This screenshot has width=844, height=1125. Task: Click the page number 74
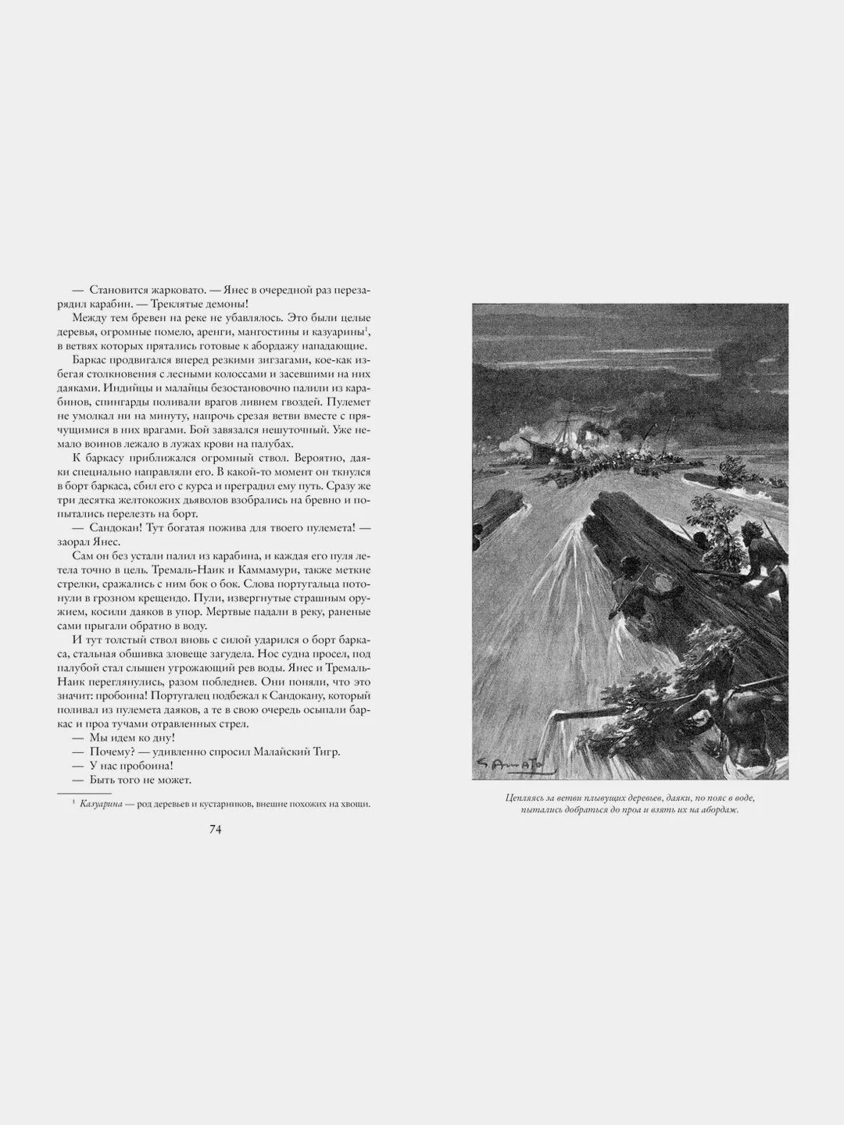216,830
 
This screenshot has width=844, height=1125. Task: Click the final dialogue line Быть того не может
141,780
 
